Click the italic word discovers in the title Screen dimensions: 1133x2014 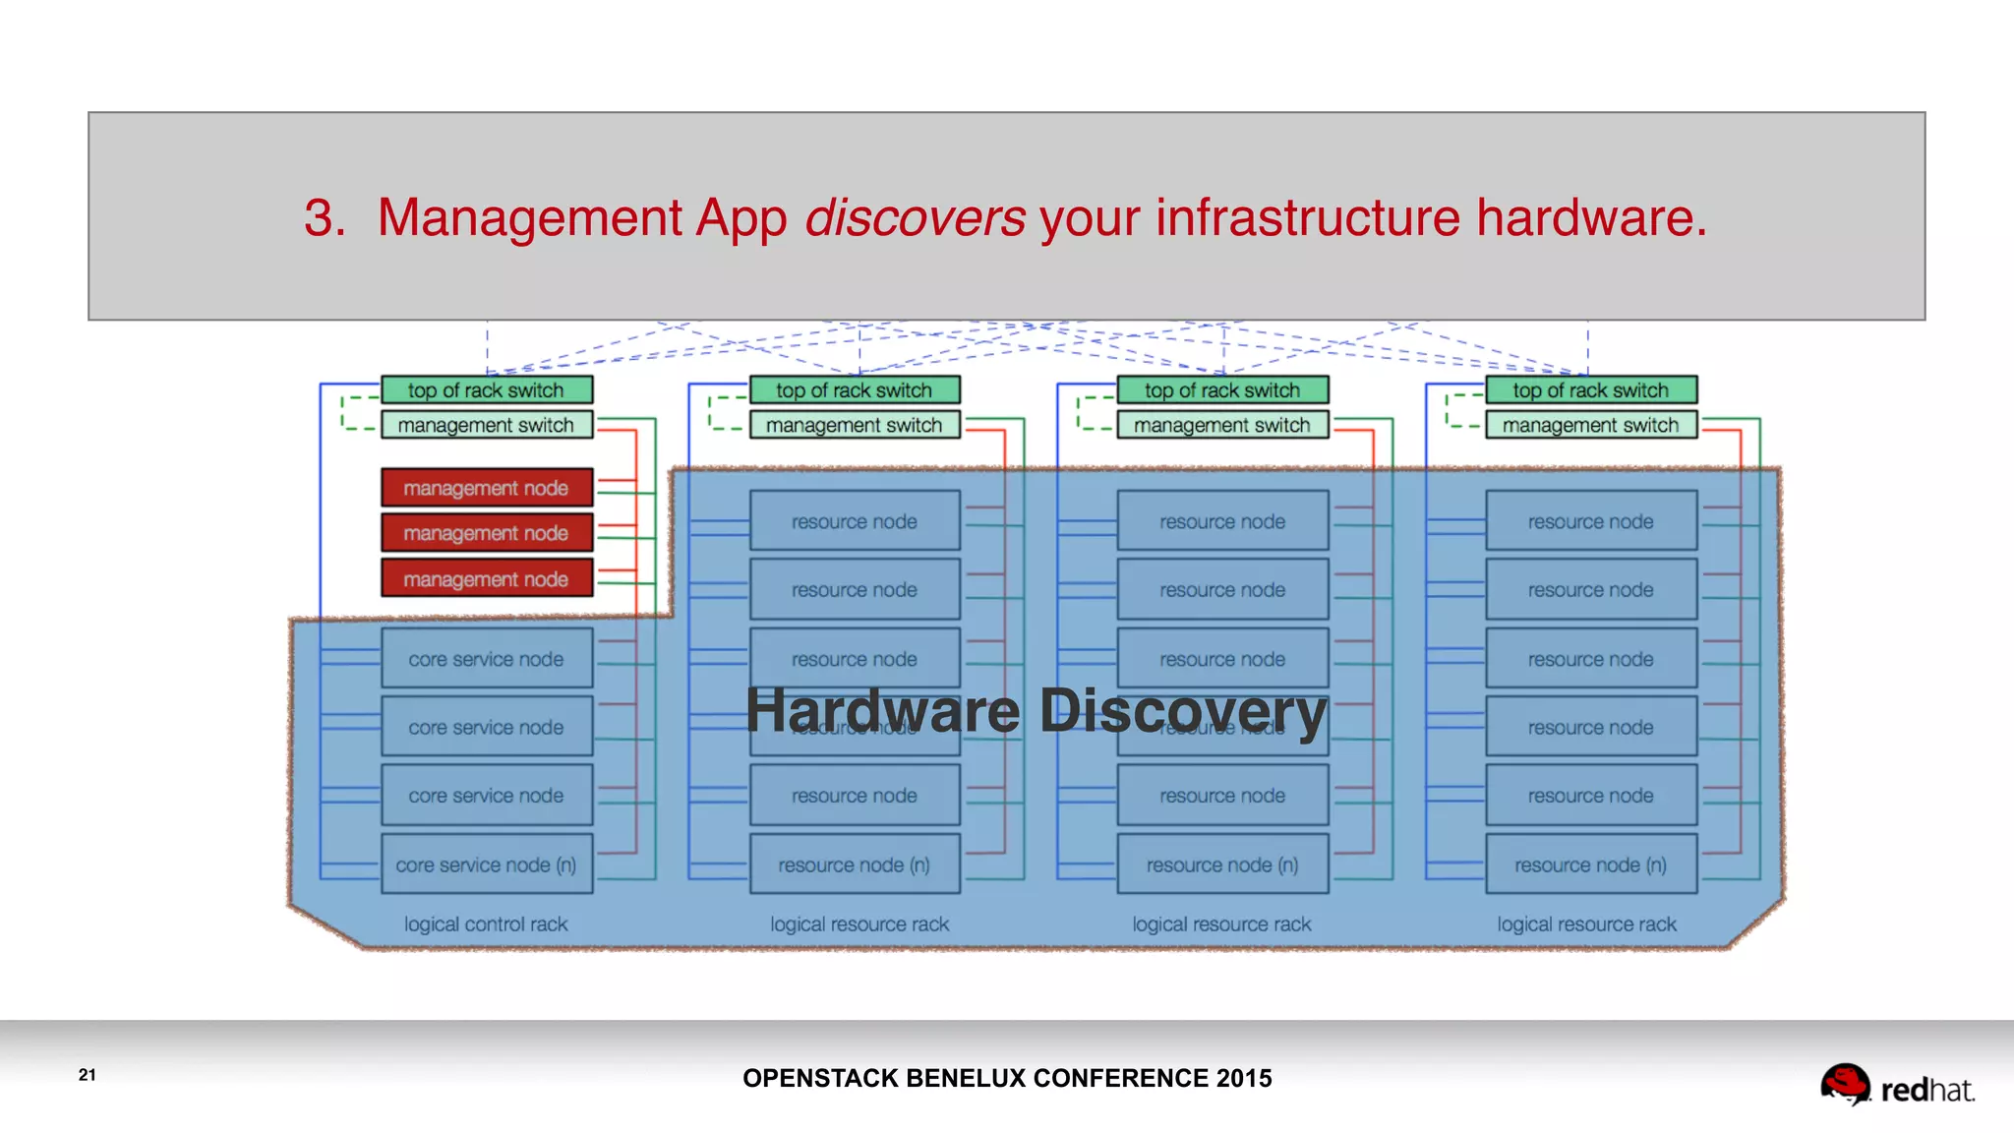click(x=915, y=217)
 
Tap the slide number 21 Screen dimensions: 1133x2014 click(x=88, y=1074)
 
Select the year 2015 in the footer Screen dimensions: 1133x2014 click(x=1244, y=1078)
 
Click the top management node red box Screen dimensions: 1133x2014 click(x=487, y=488)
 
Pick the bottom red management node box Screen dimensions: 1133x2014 click(x=487, y=578)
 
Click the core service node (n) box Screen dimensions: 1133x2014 click(x=487, y=865)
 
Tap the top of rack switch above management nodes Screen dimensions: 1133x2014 click(x=487, y=390)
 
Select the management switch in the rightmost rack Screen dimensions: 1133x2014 click(x=1590, y=425)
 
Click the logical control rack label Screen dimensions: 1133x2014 click(x=486, y=924)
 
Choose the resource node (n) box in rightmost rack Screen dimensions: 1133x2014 click(x=1590, y=865)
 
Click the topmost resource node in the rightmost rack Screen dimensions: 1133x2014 click(x=1590, y=521)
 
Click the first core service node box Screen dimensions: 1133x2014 click(x=487, y=659)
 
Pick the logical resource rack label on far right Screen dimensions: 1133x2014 click(x=1586, y=924)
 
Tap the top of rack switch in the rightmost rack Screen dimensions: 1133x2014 click(x=1590, y=390)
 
